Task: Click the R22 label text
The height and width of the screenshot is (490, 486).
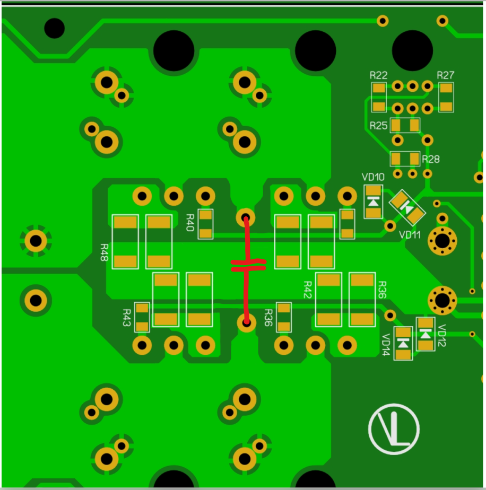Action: [x=378, y=75]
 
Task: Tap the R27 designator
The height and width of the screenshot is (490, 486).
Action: [x=445, y=75]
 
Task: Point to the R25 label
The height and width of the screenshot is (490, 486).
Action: [x=378, y=126]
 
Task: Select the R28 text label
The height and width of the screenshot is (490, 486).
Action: [x=431, y=160]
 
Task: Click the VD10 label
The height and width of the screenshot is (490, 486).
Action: [x=373, y=177]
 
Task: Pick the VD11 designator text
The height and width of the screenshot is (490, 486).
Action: [x=410, y=235]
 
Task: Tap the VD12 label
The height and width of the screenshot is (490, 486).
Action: [x=441, y=335]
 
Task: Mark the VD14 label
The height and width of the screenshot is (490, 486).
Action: [x=386, y=345]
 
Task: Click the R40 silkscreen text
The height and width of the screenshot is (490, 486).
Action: [x=190, y=223]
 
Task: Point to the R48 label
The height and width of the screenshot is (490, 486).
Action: [x=104, y=252]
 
